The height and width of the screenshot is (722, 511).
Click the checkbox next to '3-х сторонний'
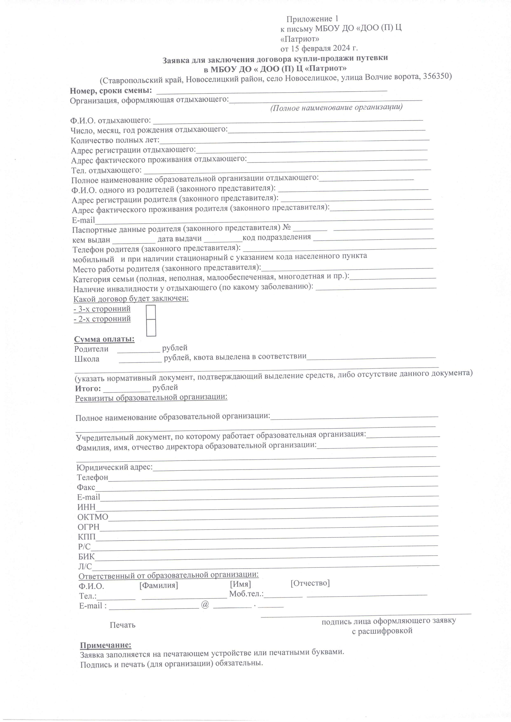(x=151, y=312)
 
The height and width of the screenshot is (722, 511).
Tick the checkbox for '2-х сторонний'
(x=151, y=328)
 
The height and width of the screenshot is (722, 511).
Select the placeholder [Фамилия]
(x=158, y=585)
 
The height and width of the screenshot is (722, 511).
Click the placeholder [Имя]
(x=240, y=584)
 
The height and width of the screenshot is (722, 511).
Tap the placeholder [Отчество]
(x=310, y=583)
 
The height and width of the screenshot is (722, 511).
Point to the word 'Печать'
(x=122, y=625)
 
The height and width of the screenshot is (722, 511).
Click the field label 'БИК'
(x=86, y=556)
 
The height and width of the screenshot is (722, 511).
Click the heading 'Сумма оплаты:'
(x=104, y=339)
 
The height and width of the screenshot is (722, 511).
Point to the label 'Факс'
(x=86, y=487)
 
